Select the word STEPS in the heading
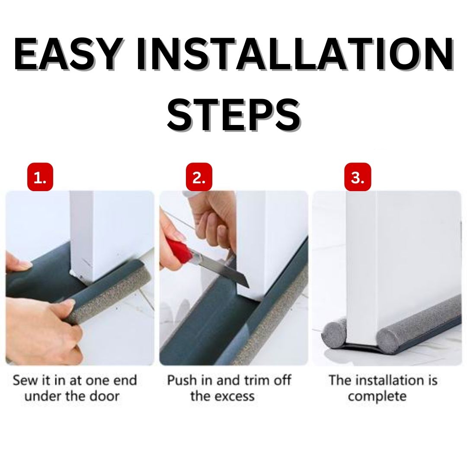point(233,113)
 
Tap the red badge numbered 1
point(40,177)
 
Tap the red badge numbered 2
point(199,177)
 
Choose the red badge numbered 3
point(358,177)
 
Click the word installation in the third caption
point(392,381)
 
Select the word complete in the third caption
point(377,396)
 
